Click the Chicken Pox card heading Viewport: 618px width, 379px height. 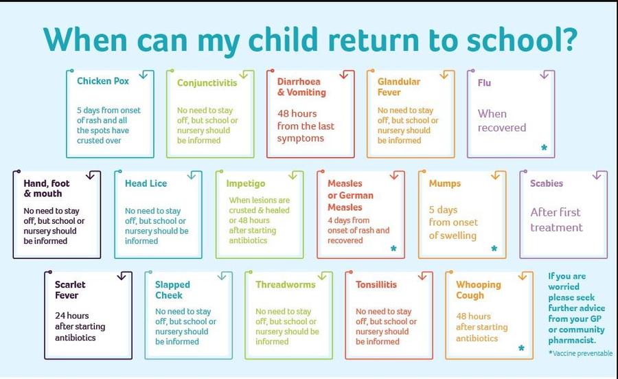[103, 81]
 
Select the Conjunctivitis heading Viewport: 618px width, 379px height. [207, 82]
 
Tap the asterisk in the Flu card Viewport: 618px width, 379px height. [545, 148]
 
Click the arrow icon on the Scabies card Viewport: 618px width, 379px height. [597, 175]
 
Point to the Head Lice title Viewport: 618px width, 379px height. [146, 183]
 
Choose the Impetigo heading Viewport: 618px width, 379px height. [246, 183]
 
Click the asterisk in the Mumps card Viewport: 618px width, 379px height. [494, 248]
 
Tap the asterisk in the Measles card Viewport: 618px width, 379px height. [393, 248]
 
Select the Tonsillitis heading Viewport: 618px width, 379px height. [376, 284]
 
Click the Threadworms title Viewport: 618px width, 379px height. [286, 284]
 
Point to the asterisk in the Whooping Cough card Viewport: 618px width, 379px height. [521, 348]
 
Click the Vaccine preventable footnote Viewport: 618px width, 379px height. [580, 353]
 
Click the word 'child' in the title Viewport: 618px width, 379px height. [283, 39]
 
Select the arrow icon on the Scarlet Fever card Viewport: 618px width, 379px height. [122, 276]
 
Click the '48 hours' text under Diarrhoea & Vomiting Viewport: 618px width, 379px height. [297, 113]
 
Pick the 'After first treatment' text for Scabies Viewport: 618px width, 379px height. [556, 220]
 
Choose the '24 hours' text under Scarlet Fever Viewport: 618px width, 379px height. [71, 316]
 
